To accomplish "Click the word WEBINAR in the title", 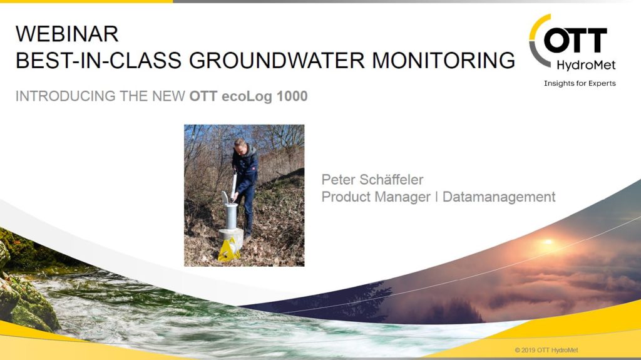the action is coord(67,34).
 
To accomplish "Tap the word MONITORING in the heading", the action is coord(444,60).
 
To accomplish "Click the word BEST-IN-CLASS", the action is coord(98,60).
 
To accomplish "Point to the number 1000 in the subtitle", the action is coord(292,96).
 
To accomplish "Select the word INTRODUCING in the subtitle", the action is coord(65,96).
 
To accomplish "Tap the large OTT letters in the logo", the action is coord(575,41).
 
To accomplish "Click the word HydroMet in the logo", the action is coord(586,66).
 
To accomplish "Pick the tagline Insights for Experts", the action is coord(580,83).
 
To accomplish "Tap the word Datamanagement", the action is coord(499,197).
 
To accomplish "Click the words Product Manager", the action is coord(376,197).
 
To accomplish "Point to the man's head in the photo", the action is coord(240,145).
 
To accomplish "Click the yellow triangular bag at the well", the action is coord(229,250).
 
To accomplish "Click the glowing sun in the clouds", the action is coord(548,242).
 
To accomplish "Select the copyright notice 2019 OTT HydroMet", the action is coord(546,350).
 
